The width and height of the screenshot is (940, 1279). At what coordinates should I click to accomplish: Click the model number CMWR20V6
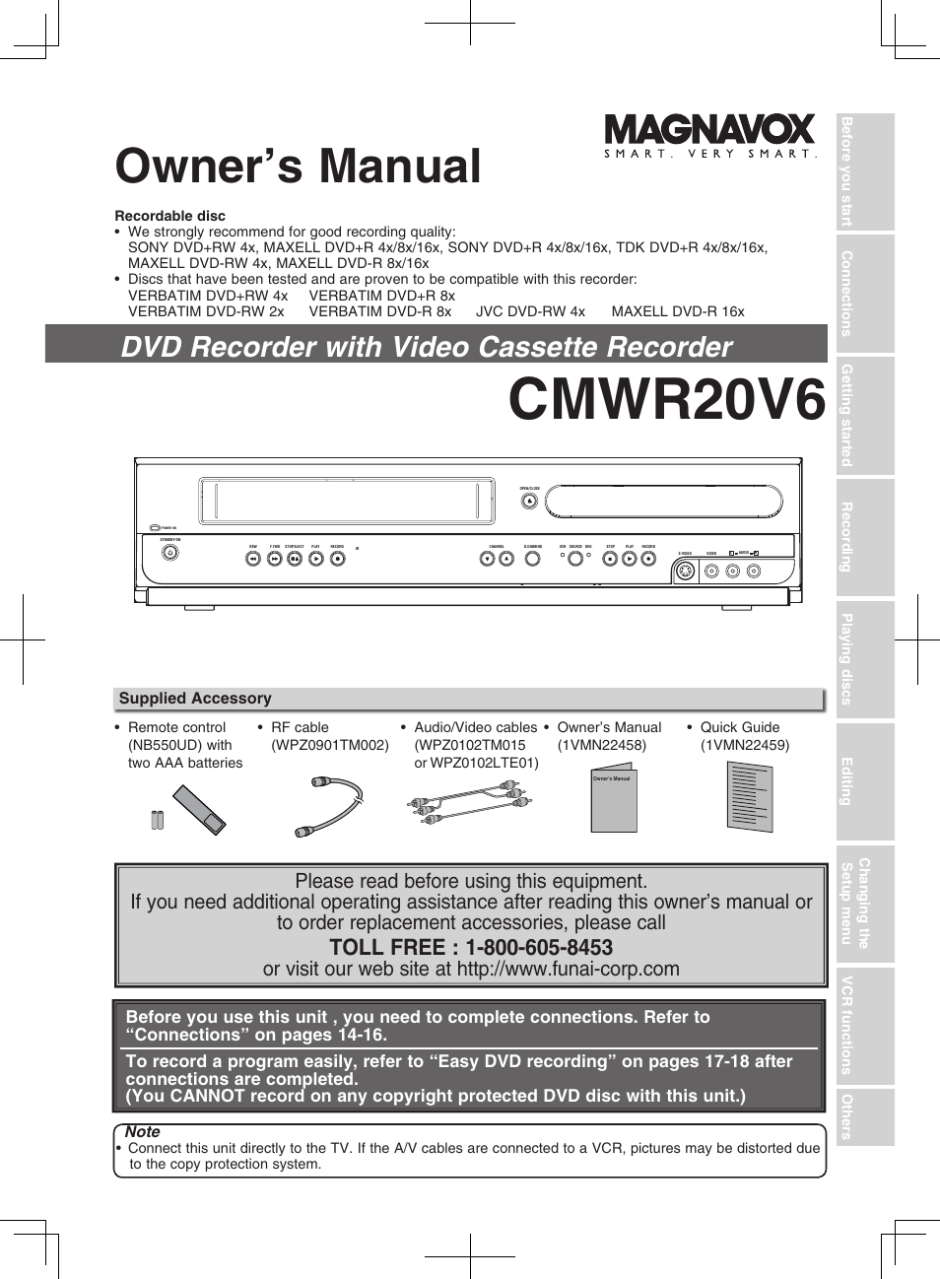666,400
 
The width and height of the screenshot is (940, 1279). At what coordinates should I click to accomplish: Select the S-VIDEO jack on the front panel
686,571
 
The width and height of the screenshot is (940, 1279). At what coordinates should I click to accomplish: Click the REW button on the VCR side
253,559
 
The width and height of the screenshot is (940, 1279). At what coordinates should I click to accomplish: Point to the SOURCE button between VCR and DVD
575,559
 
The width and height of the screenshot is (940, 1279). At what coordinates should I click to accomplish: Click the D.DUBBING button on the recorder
533,559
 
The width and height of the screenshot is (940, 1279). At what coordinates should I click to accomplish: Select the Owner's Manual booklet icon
613,798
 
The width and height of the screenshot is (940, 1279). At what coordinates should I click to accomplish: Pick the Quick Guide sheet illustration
749,797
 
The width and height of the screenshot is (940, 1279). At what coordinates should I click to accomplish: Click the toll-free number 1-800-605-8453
539,948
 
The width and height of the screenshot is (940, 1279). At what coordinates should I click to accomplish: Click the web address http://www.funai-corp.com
569,969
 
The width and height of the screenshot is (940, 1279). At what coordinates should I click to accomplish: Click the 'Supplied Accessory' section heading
195,699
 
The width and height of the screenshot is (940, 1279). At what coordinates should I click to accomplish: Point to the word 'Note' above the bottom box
143,1132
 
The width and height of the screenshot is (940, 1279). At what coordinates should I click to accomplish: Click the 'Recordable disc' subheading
170,216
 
